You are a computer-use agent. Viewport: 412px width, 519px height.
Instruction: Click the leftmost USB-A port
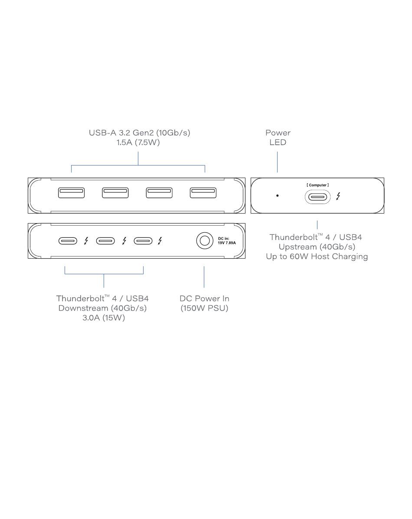71,193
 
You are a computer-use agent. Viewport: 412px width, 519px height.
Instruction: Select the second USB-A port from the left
115,193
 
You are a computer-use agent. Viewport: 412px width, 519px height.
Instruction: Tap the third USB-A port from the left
159,193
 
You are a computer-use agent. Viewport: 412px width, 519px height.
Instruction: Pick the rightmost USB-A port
203,193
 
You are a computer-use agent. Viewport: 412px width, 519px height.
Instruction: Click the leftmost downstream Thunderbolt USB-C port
68,240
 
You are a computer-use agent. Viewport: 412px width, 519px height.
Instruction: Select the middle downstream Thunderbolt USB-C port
105,240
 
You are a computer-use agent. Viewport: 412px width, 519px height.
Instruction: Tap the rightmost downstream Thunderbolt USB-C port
143,240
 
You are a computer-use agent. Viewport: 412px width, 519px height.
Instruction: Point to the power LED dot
278,196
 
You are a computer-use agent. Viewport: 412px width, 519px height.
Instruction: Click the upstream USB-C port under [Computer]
317,197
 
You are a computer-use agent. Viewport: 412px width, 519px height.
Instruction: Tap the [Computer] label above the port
317,185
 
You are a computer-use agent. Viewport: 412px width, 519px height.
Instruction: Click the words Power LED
278,137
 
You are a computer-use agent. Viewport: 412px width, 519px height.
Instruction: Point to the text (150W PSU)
204,308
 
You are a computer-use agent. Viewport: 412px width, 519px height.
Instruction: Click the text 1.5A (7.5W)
138,143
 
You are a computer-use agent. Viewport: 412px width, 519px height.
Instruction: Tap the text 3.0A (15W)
103,318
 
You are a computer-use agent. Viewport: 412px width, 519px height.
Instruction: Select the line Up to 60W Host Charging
317,256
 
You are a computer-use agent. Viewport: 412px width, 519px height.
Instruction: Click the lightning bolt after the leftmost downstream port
86,240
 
